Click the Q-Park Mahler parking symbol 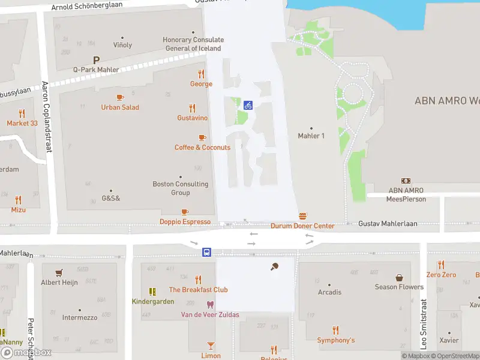pos(95,60)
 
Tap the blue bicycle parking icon pos(248,105)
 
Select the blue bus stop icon pos(206,252)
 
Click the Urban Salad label pos(120,107)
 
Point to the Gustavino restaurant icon pos(192,108)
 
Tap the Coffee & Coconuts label pos(202,148)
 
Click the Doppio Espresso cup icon pos(185,212)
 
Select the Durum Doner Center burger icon pos(302,216)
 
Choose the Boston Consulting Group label pos(180,188)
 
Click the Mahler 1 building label pos(311,136)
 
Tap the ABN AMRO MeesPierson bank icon pos(406,181)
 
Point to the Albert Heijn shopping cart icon pos(59,272)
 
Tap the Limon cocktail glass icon pos(211,345)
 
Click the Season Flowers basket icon pos(399,277)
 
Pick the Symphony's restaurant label pos(335,340)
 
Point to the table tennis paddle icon pos(275,266)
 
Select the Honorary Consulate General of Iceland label pos(192,44)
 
